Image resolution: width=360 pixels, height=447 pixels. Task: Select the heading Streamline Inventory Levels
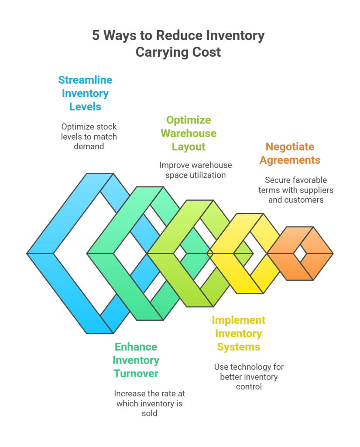[x=85, y=93]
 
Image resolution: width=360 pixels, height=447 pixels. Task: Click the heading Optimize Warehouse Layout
[x=189, y=133]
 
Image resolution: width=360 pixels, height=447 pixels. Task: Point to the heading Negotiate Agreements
[x=290, y=153]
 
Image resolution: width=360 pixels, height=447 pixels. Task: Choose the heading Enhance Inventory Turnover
[x=136, y=360]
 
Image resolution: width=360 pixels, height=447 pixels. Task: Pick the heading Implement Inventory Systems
[x=239, y=334]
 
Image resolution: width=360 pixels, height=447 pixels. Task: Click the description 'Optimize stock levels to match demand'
[x=89, y=137]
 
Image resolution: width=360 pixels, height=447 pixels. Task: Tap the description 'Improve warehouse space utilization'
[x=195, y=170]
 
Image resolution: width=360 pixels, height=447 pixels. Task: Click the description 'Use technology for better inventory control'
[x=249, y=377]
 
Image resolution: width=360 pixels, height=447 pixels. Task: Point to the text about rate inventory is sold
[x=149, y=403]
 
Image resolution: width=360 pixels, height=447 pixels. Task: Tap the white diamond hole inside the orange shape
[x=300, y=253]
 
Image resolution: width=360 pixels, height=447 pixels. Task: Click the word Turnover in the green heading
[x=136, y=374]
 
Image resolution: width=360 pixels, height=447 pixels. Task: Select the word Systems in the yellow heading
[x=239, y=347]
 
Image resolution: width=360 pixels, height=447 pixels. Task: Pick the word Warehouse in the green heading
[x=189, y=133]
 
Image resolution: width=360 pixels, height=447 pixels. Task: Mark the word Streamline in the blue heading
[x=85, y=80]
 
